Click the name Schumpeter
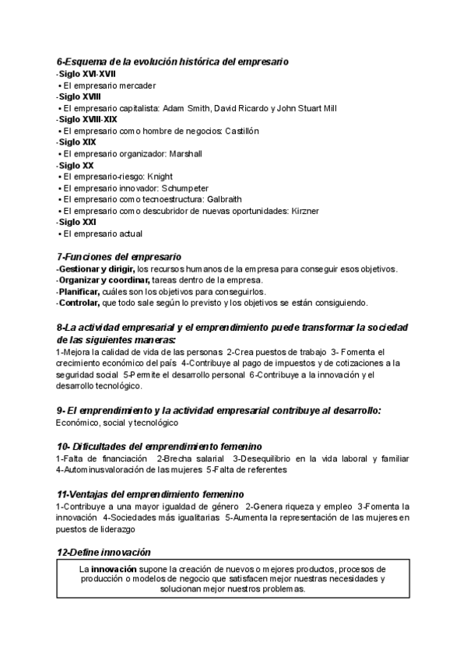coord(186,188)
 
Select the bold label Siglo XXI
coord(76,222)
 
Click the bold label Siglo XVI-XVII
coord(87,73)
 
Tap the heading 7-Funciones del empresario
coord(119,256)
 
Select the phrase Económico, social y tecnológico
coord(117,422)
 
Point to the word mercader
coord(135,85)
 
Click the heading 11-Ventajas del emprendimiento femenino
coord(150,494)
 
